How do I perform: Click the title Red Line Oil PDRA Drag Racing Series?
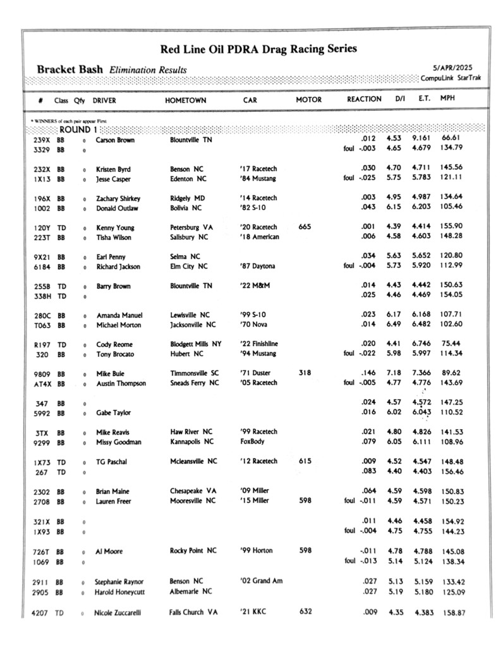258,48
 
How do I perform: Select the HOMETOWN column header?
186,100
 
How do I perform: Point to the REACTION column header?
364,100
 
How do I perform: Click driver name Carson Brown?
115,140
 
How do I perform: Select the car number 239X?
42,140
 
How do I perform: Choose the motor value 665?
304,227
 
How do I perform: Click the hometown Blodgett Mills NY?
196,344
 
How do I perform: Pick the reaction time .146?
369,373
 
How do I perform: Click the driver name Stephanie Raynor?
119,581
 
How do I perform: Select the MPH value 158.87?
453,613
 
